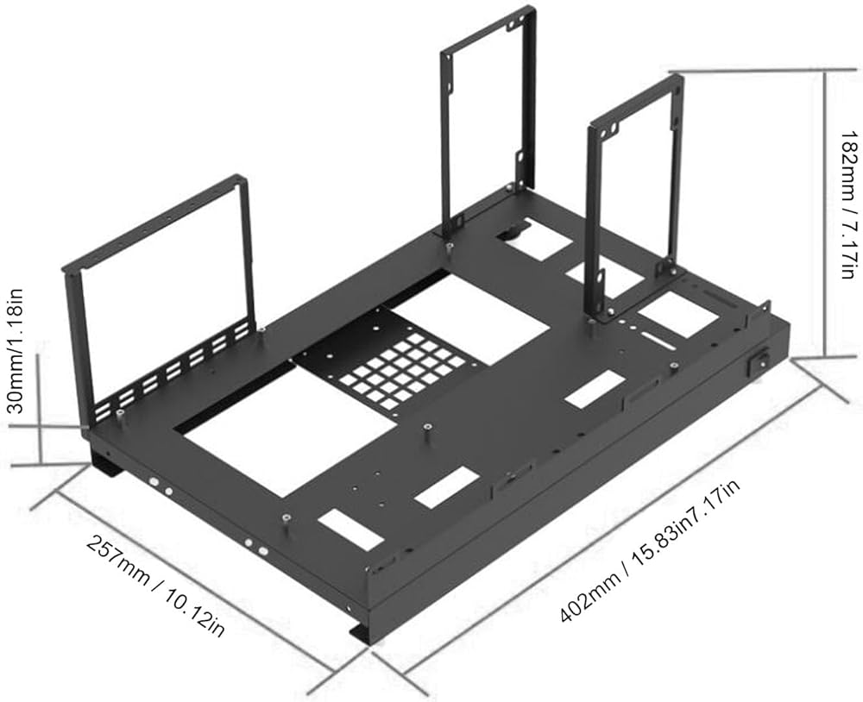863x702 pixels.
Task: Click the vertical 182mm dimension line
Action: point(824,215)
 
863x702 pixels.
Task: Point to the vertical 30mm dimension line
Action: point(40,408)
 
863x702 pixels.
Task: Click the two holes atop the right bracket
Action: point(609,131)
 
